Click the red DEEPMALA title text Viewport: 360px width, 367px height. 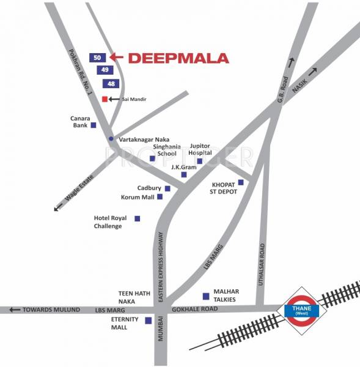coord(179,59)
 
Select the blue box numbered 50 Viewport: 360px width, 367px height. coord(98,57)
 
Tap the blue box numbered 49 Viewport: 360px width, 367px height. coord(105,70)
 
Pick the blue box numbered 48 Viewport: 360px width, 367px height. coord(111,83)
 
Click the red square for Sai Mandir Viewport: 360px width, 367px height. coord(105,98)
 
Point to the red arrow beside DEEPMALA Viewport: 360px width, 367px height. coord(117,57)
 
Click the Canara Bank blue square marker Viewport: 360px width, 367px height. coord(94,125)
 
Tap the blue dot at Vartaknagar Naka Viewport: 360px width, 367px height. coord(111,139)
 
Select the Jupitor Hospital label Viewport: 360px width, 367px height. coord(200,150)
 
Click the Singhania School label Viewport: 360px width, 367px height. coord(166,150)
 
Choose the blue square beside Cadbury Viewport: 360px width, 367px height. coord(167,188)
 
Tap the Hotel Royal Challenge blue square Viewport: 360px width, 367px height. coord(137,218)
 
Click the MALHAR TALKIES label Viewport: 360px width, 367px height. coord(225,295)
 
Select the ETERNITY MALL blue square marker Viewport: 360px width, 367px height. coord(148,320)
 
